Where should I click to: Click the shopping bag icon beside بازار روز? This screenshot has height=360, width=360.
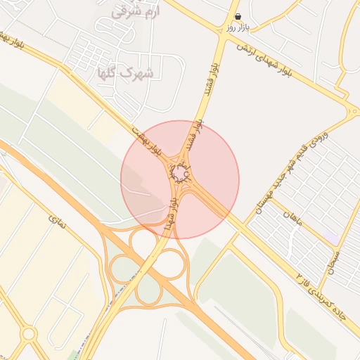pos(238,16)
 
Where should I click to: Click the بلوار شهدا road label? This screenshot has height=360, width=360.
pos(170,214)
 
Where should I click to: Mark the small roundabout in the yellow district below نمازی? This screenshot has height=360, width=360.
pos(29,333)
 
